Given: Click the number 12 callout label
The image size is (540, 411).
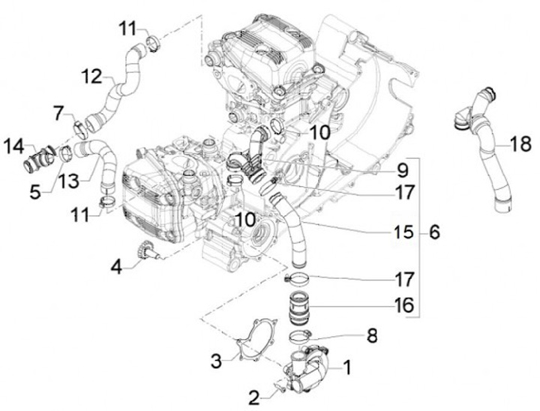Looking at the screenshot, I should click(91, 76).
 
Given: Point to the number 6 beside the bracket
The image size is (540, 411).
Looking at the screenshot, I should click(434, 232).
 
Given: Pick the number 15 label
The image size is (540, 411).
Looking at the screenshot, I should click(403, 232).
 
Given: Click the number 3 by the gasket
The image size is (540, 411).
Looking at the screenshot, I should click(216, 361).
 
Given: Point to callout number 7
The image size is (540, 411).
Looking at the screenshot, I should click(59, 112).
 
